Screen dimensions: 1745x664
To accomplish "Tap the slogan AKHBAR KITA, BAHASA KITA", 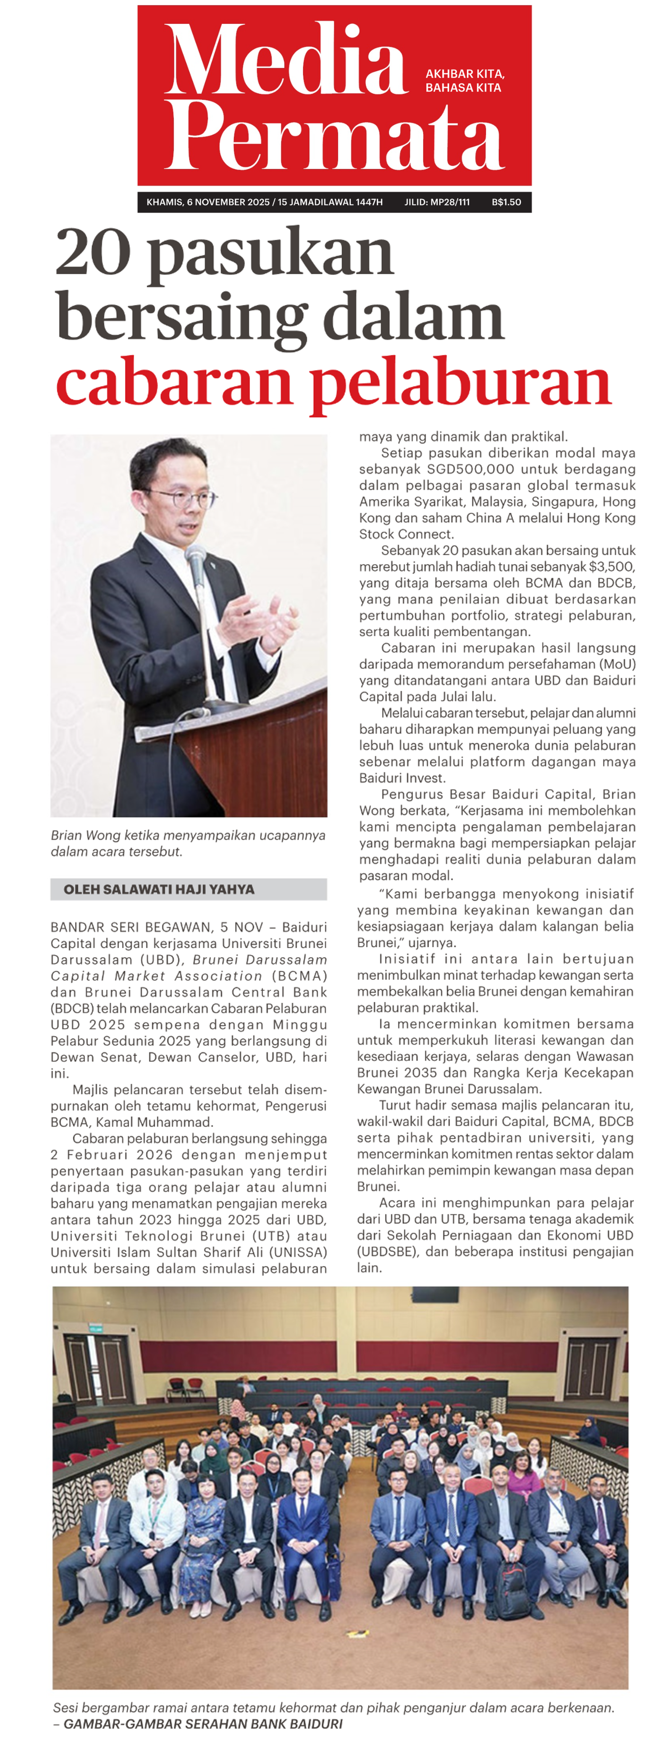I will (465, 81).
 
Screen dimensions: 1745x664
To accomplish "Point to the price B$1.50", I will (506, 202).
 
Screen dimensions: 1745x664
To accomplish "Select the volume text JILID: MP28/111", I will (437, 202).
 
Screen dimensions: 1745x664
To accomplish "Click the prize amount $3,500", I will (611, 566).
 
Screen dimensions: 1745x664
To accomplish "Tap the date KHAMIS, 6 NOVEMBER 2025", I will (208, 202).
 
